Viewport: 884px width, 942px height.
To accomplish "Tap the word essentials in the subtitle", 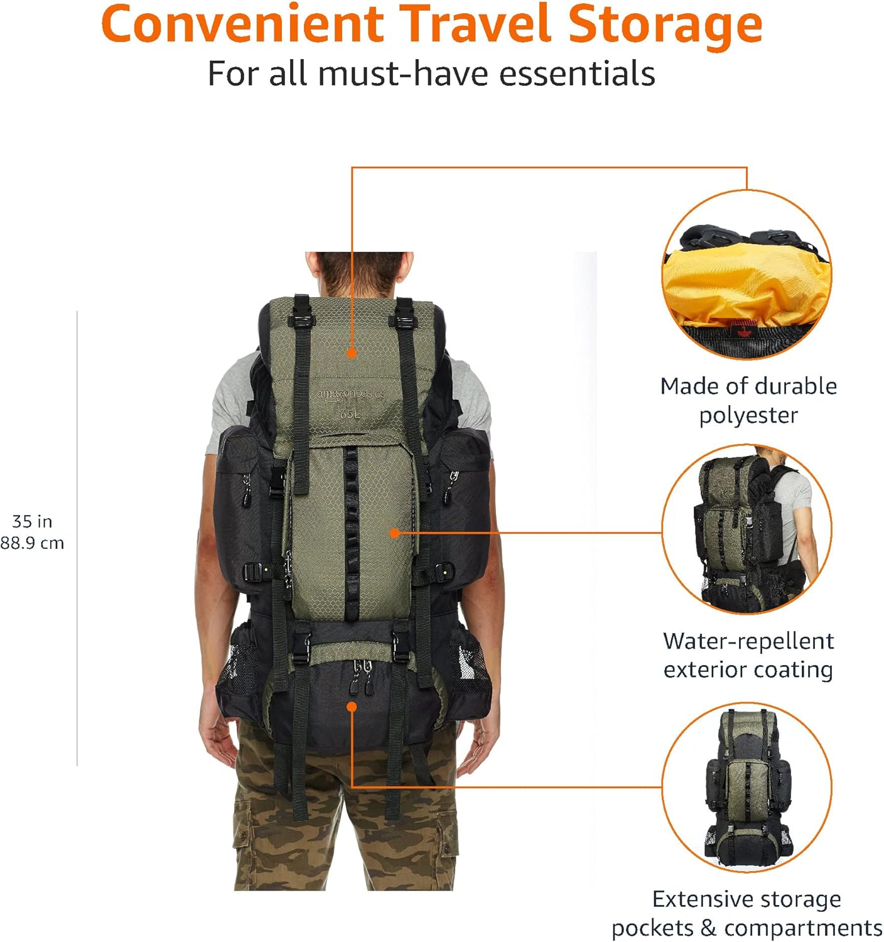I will (577, 73).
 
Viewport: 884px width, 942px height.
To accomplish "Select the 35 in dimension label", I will (32, 521).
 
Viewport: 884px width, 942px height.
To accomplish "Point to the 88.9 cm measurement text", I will (32, 543).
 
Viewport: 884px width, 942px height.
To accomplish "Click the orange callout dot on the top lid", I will (352, 353).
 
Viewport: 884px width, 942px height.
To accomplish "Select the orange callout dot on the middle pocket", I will (394, 533).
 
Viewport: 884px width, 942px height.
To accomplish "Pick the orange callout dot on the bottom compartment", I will (352, 707).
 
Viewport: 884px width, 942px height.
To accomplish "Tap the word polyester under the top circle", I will (748, 415).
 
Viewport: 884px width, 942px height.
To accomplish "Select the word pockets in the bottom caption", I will (652, 928).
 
